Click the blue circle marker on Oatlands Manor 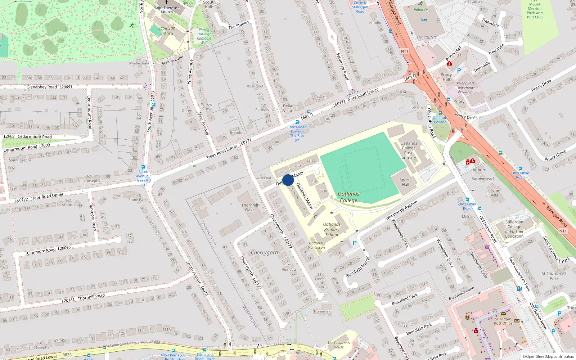point(288,180)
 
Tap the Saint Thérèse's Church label point(167,10)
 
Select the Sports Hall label point(405,182)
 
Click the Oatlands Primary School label point(332,229)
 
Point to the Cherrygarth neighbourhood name point(265,253)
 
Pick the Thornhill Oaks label point(250,207)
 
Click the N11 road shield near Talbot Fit point(405,51)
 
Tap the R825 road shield point(67,355)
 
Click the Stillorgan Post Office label point(503,321)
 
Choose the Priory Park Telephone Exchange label point(466,87)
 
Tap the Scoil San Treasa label point(167,31)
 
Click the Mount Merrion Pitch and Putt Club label point(535,11)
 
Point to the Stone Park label point(138,199)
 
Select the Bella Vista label point(287,108)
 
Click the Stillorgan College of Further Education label point(514,229)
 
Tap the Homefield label point(323,311)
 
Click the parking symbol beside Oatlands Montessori point(355,243)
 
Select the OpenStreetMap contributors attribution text point(548,356)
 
